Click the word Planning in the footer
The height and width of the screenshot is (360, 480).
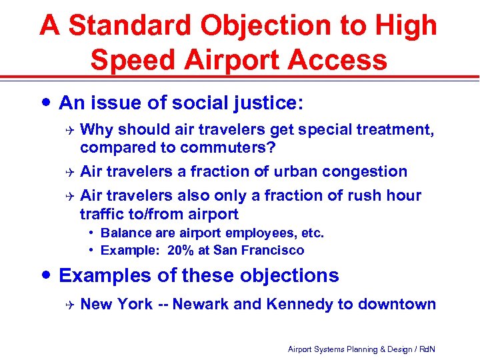[361, 349]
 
